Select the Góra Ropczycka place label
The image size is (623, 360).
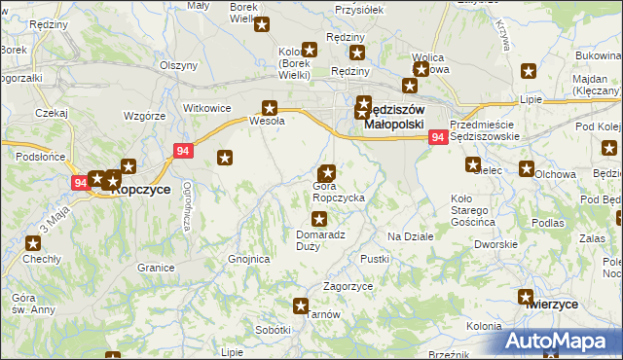pos(339,198)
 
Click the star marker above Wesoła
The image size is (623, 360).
pos(271,108)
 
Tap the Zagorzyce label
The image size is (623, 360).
pos(348,287)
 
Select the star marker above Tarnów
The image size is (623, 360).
pos(301,306)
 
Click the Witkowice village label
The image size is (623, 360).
pos(206,108)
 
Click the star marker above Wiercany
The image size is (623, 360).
pos(527,297)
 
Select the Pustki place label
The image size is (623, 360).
pos(375,259)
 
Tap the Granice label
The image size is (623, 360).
pos(155,267)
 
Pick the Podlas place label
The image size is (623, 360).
pos(548,223)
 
